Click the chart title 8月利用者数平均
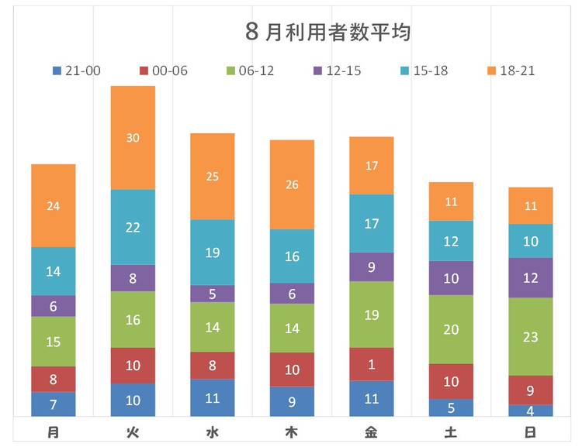[327, 33]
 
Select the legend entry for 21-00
[76, 70]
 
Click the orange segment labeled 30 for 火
[133, 138]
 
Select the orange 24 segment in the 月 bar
[54, 206]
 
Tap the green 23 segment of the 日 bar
[531, 337]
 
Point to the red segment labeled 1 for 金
[372, 364]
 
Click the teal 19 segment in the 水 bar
[213, 253]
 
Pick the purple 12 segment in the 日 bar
[531, 278]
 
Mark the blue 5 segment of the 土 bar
[451, 407]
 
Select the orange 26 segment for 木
[292, 184]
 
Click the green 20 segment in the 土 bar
[451, 329]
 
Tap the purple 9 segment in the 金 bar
[372, 267]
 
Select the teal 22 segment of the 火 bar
[133, 227]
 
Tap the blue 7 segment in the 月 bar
[54, 404]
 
